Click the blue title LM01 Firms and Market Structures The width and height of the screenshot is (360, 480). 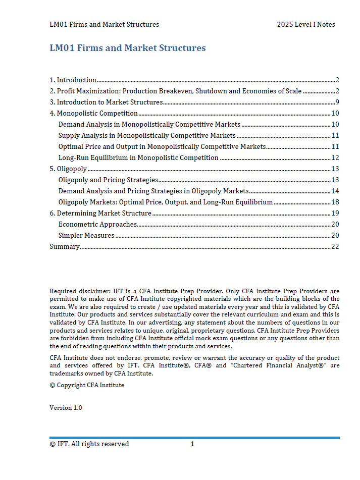(128, 48)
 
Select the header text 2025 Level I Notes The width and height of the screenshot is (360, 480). (305, 24)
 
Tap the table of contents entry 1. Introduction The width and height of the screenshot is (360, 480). (73, 80)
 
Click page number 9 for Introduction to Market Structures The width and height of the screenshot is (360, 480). (337, 102)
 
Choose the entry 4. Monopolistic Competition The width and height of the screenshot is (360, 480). (94, 113)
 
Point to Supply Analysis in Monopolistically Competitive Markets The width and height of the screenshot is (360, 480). (147, 135)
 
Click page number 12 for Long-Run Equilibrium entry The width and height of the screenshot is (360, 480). (335, 157)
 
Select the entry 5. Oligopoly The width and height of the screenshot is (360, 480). (68, 169)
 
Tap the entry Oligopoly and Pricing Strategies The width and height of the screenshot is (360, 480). (108, 180)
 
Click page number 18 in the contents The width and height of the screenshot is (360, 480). (335, 202)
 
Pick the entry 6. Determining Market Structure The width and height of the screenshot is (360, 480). (100, 213)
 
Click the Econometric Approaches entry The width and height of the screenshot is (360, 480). (97, 224)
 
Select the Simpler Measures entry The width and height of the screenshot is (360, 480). (86, 235)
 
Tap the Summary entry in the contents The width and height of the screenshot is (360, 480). (65, 246)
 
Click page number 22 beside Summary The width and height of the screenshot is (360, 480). (335, 246)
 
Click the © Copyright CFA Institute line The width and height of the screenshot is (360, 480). (87, 385)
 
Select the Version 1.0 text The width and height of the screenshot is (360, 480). (66, 408)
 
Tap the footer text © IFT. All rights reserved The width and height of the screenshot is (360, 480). (89, 444)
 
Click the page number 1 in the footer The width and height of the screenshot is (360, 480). (192, 444)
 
